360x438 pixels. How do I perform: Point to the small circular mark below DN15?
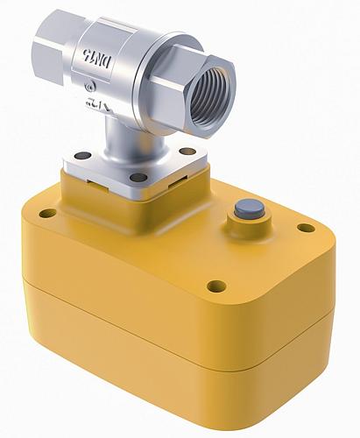point(91,86)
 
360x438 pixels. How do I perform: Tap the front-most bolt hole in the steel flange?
point(138,178)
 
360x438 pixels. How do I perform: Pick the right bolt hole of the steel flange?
point(187,152)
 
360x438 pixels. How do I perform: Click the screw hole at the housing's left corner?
point(47,213)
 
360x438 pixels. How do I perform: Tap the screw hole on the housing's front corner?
point(215,286)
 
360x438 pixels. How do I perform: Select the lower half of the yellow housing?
point(175,359)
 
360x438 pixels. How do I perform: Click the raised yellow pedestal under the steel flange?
point(96,197)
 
